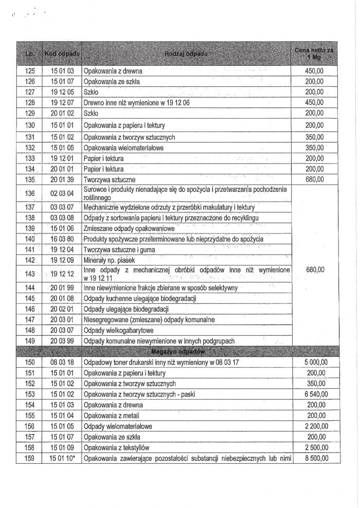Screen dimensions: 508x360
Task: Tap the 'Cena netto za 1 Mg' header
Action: (x=314, y=53)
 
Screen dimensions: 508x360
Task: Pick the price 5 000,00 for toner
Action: (x=314, y=362)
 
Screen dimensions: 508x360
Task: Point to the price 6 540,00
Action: (x=314, y=394)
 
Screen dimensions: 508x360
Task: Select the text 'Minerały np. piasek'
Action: (x=110, y=260)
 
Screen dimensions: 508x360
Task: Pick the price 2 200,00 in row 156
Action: (x=314, y=426)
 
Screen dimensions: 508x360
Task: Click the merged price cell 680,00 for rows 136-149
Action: (x=314, y=269)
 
